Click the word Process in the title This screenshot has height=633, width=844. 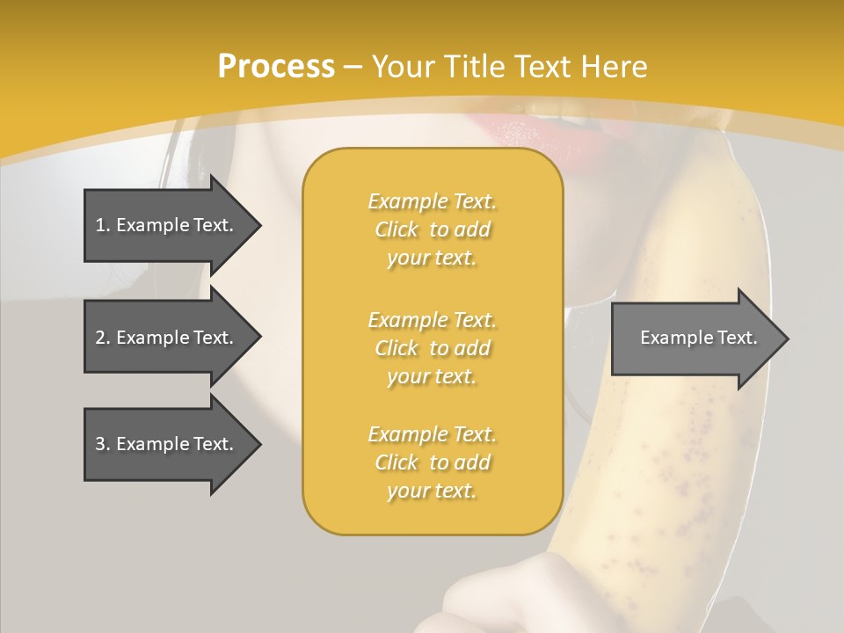(276, 66)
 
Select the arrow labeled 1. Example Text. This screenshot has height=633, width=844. (167, 225)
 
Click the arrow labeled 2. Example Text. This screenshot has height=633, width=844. (167, 338)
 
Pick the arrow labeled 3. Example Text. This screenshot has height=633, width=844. (167, 444)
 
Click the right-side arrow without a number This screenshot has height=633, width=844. (695, 338)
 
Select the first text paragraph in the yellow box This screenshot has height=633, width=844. (432, 229)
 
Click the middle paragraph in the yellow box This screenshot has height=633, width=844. (432, 347)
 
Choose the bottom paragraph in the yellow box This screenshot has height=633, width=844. (432, 462)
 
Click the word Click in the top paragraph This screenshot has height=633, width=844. (397, 229)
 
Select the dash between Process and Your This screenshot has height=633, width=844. (353, 67)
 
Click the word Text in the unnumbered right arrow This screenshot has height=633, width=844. (739, 338)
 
